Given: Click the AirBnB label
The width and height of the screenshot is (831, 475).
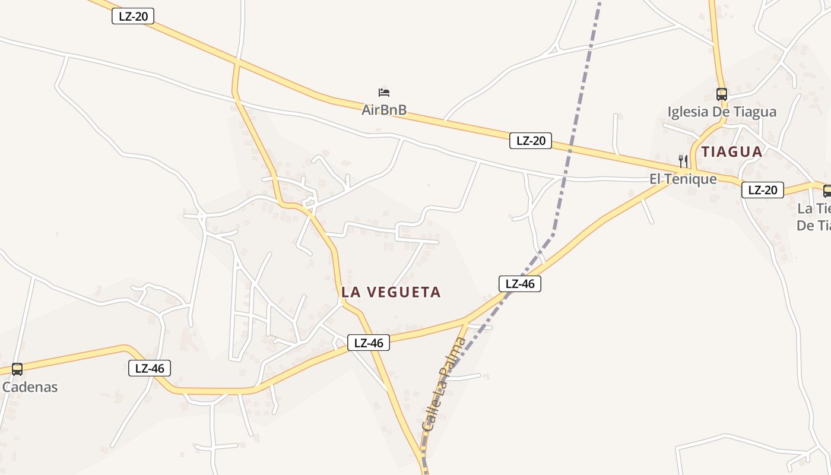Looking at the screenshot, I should [384, 110].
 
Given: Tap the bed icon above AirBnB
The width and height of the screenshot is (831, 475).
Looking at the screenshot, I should [384, 92].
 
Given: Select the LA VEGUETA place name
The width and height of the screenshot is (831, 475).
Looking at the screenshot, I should [391, 292].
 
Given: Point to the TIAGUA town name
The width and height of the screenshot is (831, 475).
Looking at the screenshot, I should [732, 151].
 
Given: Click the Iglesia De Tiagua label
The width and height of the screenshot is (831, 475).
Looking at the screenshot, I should [722, 112].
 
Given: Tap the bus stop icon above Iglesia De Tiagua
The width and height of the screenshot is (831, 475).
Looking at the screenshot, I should [722, 94].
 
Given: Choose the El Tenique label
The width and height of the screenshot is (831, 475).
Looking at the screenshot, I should [683, 179].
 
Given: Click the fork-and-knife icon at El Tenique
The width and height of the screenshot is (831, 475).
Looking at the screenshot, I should [683, 161].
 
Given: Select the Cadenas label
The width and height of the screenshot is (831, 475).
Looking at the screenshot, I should [30, 387].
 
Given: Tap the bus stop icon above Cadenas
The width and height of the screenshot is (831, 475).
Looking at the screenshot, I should [17, 369].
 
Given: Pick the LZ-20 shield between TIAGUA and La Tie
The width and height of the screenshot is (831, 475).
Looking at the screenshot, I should [763, 190].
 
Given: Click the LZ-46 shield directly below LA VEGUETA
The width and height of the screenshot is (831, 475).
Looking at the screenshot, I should [369, 343].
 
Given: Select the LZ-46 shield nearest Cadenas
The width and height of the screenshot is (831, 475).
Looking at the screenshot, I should [150, 368].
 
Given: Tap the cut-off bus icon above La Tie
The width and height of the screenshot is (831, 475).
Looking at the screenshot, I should [827, 191].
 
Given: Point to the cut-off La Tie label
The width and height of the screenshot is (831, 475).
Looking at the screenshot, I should [814, 209].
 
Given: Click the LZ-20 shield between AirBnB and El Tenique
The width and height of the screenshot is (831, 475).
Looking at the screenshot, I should [531, 141].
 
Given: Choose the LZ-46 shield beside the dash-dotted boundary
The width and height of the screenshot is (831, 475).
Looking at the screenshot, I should [520, 284].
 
